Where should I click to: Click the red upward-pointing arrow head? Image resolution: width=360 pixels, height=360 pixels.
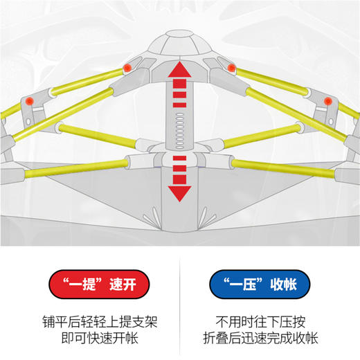(179, 69)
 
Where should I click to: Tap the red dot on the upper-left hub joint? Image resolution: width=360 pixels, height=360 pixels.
(127, 66)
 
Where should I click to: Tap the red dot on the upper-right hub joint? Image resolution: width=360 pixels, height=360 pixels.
(231, 66)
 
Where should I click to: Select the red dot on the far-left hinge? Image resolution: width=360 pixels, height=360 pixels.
(30, 102)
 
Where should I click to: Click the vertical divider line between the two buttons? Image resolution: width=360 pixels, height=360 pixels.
(179, 305)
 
